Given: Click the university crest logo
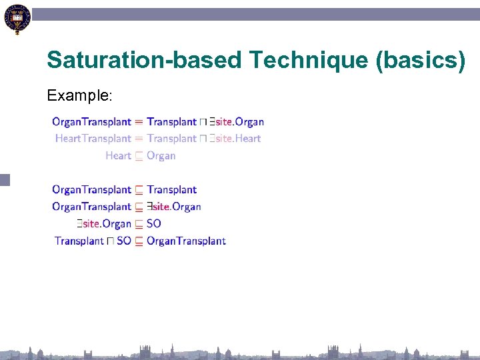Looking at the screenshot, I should pos(17,18).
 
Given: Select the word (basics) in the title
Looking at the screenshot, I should pos(421,60).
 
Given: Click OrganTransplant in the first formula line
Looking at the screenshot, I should pos(91,122).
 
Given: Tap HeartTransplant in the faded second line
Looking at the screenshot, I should pos(93,139).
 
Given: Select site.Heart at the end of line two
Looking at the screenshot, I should pos(238,139).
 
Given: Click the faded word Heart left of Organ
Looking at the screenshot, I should pos(118,156).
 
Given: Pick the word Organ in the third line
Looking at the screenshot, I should pos(161,156).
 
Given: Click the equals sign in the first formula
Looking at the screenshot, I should pos(139,122).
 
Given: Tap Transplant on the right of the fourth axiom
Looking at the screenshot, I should pos(172,190).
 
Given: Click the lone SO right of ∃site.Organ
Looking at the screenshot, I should pos(154,224).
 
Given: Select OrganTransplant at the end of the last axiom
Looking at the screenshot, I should pos(187,241).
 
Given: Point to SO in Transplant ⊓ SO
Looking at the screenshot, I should pos(124,241).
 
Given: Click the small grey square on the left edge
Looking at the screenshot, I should pos(5,179).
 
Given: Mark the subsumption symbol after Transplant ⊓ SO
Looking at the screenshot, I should pos(139,241).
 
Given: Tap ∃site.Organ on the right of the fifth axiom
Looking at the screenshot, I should pos(175,207).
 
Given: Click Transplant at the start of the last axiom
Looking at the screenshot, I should pos(79,241).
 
